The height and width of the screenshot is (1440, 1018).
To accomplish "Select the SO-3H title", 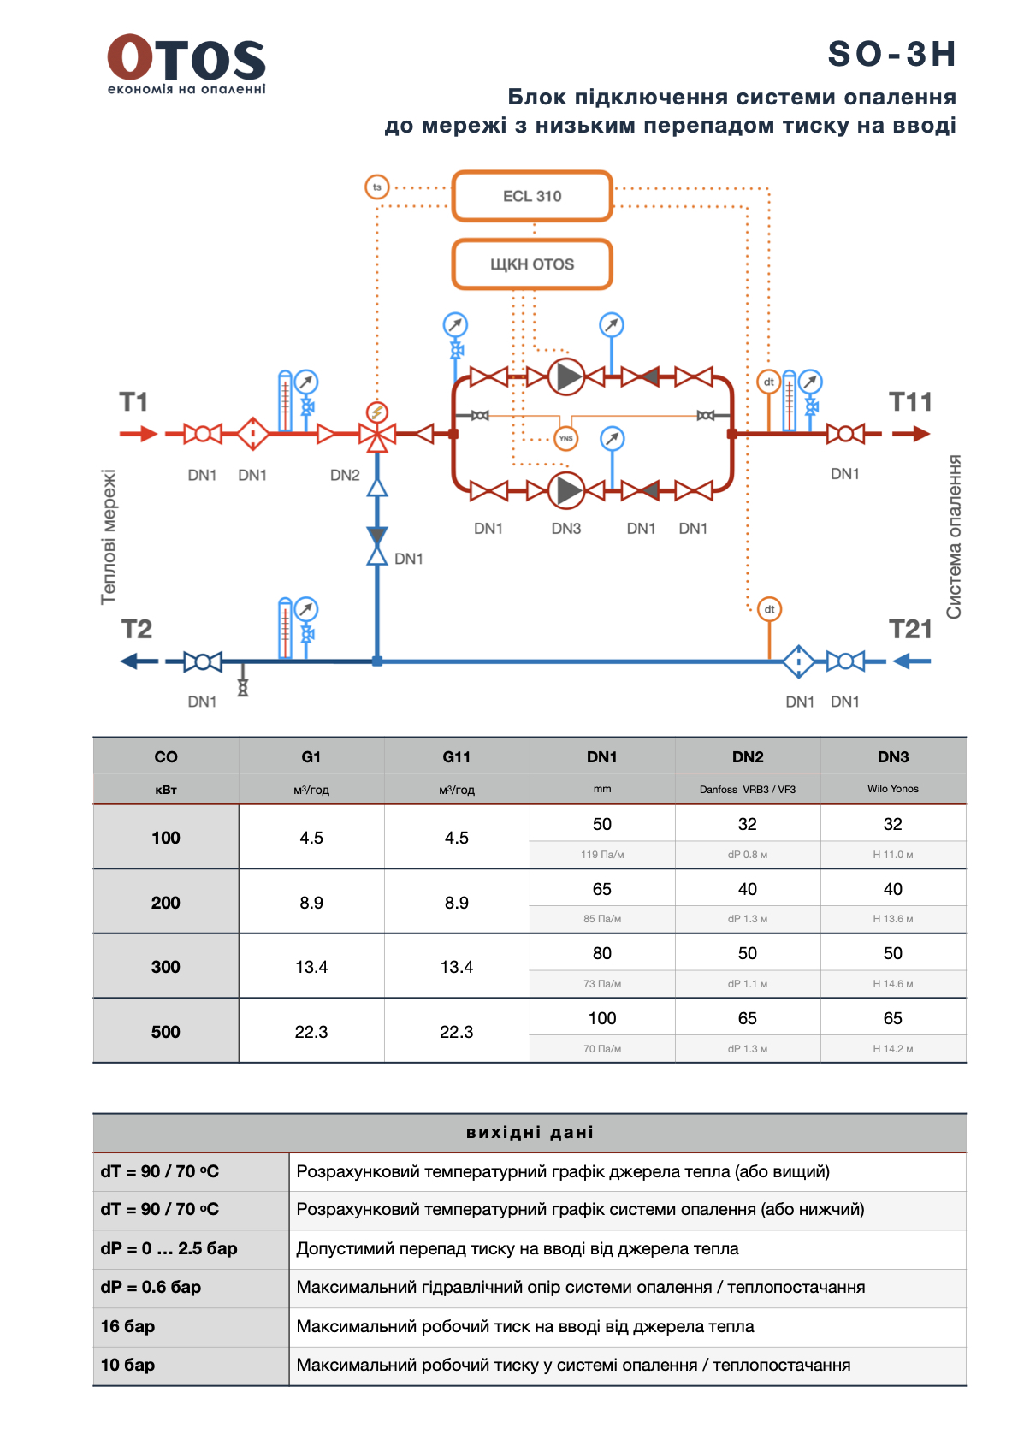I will pyautogui.click(x=891, y=54).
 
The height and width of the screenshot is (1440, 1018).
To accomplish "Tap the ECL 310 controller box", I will pyautogui.click(x=532, y=196).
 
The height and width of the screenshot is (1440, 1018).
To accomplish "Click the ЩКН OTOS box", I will pyautogui.click(x=532, y=264).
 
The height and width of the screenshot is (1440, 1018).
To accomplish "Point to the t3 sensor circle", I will pyautogui.click(x=376, y=187).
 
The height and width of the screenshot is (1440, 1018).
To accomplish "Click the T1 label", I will pyautogui.click(x=133, y=401).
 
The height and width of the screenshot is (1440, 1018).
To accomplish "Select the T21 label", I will pyautogui.click(x=910, y=630).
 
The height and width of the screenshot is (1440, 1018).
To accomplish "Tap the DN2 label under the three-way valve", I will pyautogui.click(x=345, y=475).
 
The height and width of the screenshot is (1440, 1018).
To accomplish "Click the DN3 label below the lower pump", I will pyautogui.click(x=566, y=529).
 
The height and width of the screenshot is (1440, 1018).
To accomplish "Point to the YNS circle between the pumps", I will pyautogui.click(x=565, y=438).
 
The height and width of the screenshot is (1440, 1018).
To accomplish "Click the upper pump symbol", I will pyautogui.click(x=565, y=376).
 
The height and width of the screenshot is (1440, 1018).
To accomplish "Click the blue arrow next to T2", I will pyautogui.click(x=139, y=661).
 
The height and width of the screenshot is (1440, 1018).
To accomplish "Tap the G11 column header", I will pyautogui.click(x=457, y=757).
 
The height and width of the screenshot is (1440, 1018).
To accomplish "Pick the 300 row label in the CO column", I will pyautogui.click(x=166, y=967).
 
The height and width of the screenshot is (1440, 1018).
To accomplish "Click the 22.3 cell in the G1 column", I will pyautogui.click(x=311, y=1032).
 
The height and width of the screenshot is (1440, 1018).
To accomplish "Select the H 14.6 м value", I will pyautogui.click(x=893, y=984).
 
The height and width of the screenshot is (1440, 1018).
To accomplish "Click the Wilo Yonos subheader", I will pyautogui.click(x=893, y=789).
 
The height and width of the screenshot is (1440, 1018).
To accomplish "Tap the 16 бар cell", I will pyautogui.click(x=128, y=1326).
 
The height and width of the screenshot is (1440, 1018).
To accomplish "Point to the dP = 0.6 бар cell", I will pyautogui.click(x=151, y=1287).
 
